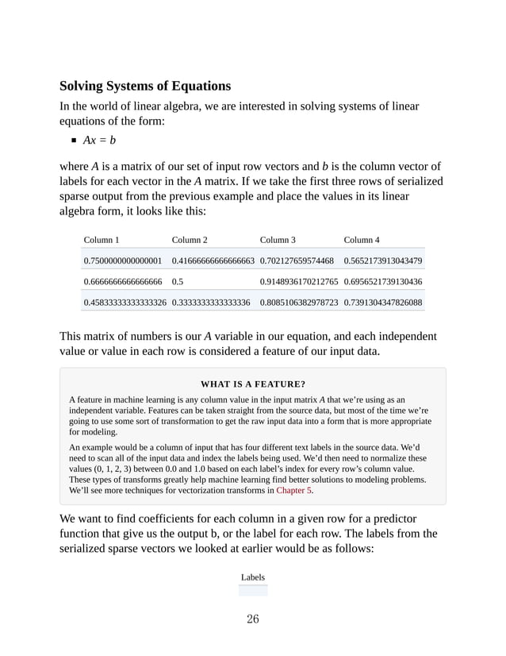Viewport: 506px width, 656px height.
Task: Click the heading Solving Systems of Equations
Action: [145, 86]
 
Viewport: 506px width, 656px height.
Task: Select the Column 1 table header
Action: [102, 239]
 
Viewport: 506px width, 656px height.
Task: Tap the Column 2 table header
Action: [190, 239]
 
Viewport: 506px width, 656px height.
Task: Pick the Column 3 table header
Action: [278, 239]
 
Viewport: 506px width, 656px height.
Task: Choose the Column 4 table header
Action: [362, 239]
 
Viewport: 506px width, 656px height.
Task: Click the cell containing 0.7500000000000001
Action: [122, 260]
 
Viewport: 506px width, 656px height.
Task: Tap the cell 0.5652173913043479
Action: [383, 260]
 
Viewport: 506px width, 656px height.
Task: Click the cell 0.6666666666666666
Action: [122, 282]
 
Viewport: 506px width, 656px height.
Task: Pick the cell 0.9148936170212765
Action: [300, 282]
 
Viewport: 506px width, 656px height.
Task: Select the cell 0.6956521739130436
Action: [383, 282]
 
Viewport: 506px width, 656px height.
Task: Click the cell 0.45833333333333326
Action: [125, 303]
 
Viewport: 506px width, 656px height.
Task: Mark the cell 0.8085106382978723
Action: [300, 303]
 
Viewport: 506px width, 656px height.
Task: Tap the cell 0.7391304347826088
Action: [383, 303]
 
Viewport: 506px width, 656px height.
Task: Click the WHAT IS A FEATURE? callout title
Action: [253, 384]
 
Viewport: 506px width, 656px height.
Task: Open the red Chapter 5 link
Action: [294, 491]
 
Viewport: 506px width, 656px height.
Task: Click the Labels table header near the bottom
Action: [253, 577]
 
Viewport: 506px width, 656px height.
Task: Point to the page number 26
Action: [252, 619]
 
